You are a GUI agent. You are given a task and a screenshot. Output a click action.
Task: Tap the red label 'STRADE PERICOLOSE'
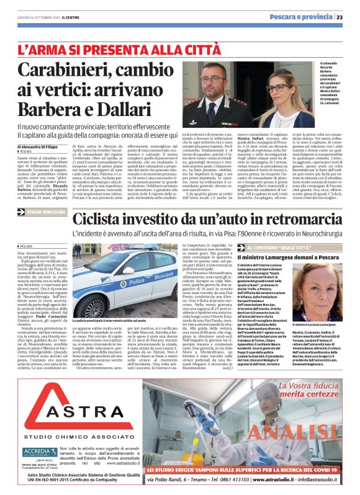[x=46, y=212]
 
